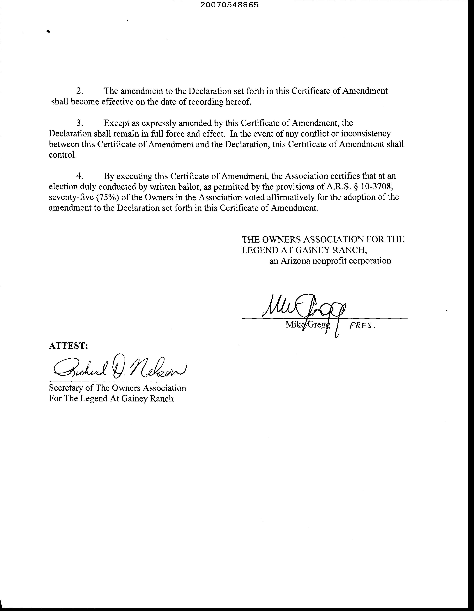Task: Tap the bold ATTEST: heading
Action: point(68,346)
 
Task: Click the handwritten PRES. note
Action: point(362,326)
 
